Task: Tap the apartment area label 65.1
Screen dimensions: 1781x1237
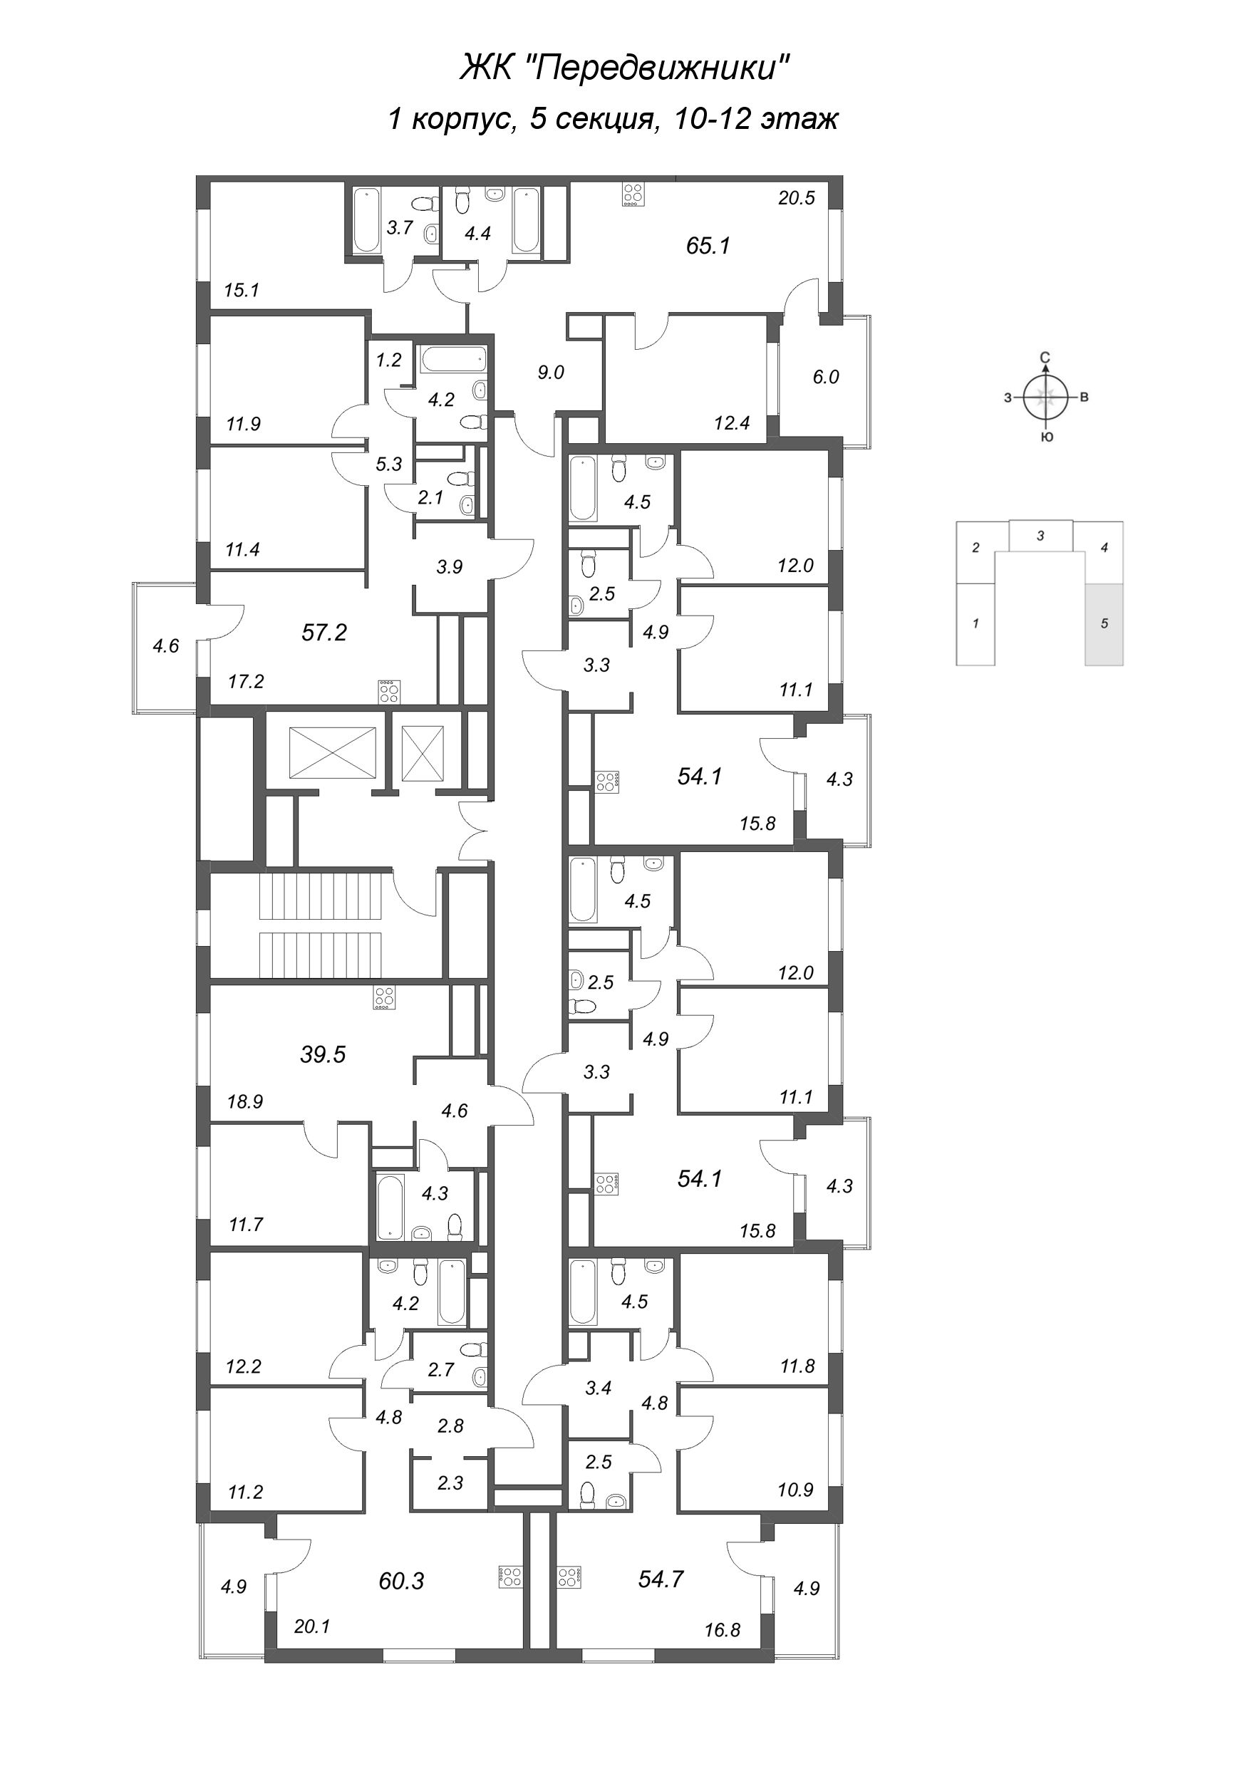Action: pos(708,246)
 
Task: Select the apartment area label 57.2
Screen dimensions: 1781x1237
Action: pos(324,633)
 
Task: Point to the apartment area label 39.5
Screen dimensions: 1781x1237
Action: pos(322,1054)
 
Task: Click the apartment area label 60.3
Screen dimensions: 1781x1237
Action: pos(401,1580)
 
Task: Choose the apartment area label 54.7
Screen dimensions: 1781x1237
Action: pos(661,1579)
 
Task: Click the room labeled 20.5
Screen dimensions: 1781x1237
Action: pos(797,198)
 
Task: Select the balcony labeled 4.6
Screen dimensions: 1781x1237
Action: pos(166,645)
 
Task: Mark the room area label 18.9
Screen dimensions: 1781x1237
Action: pos(245,1101)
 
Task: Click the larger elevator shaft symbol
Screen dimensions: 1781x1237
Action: pos(333,752)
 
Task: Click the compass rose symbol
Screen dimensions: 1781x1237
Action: pos(1045,398)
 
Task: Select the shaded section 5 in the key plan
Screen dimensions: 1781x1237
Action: pos(1104,624)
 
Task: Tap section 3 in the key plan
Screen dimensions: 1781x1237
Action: pos(1041,535)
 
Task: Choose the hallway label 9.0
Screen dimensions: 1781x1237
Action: pos(550,373)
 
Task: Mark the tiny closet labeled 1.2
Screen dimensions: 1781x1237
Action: pos(388,360)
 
